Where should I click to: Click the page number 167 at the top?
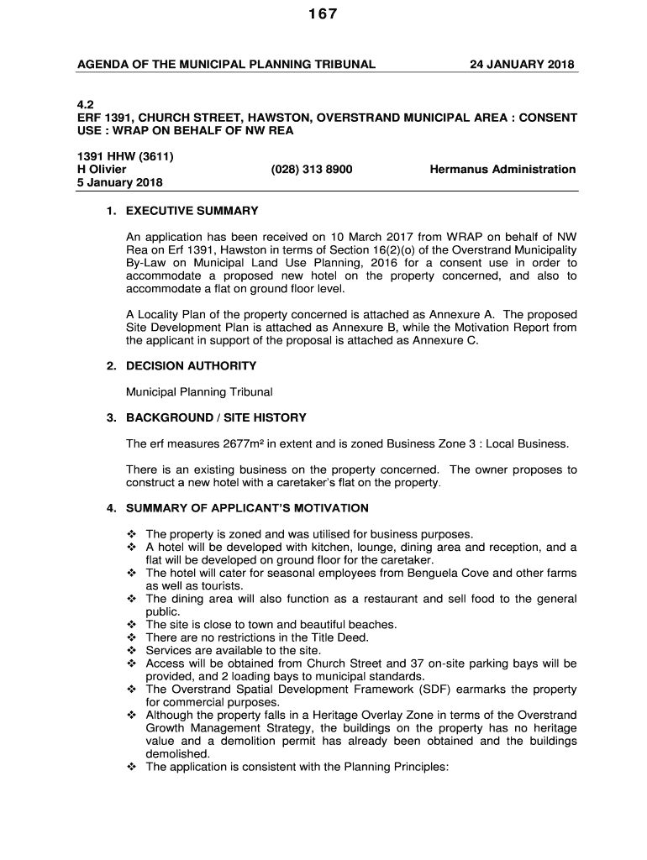(x=323, y=14)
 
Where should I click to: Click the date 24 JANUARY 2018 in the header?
(x=522, y=64)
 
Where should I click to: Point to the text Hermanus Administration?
(x=502, y=170)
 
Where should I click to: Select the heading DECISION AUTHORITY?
(x=191, y=366)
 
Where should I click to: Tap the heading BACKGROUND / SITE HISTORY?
(x=216, y=417)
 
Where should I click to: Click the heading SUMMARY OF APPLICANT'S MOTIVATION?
(x=247, y=508)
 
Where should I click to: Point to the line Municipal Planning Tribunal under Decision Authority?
(x=199, y=392)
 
